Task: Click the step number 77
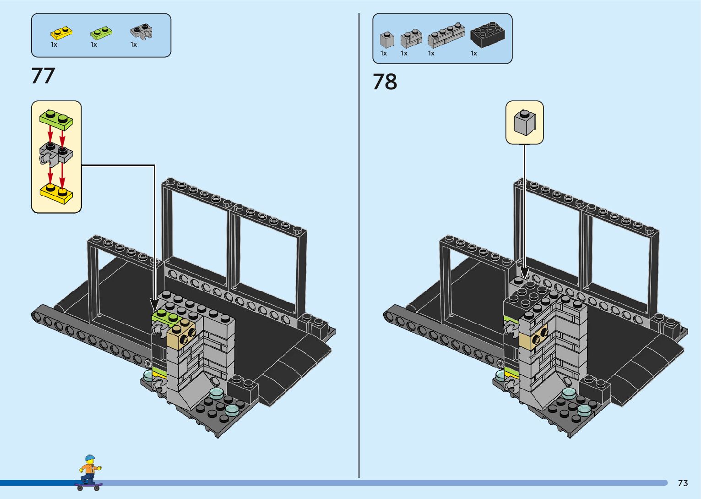click(x=43, y=76)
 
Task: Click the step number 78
click(x=385, y=82)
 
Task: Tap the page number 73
click(x=683, y=483)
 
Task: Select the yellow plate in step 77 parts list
click(x=61, y=33)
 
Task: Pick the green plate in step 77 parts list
click(x=101, y=33)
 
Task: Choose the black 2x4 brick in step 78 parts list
click(x=488, y=35)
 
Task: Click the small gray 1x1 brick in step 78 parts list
click(x=387, y=39)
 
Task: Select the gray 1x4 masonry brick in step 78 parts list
click(x=446, y=35)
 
